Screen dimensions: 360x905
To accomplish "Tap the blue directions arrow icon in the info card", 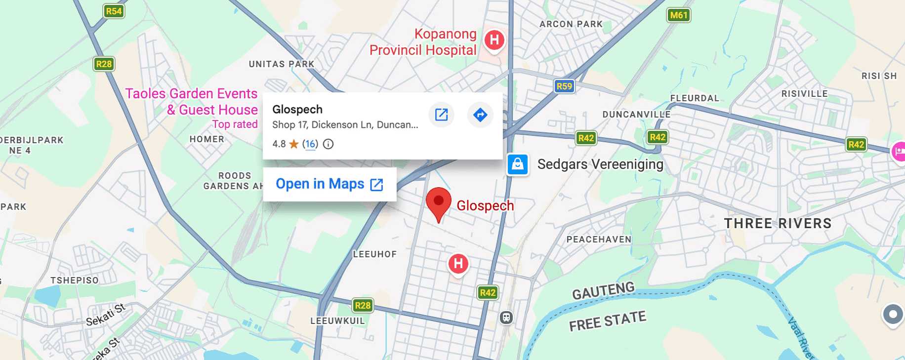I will point(480,115).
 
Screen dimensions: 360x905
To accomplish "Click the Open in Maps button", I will point(329,184).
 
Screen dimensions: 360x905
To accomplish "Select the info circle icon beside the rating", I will point(328,144).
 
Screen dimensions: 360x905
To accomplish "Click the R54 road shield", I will point(114,11).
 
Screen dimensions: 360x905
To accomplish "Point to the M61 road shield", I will point(678,15).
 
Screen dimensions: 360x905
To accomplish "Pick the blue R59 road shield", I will point(564,86).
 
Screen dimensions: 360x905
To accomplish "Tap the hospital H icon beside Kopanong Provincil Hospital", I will point(494,40).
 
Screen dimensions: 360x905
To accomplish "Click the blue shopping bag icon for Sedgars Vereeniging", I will point(518,164).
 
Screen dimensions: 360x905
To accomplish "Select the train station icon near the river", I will point(506,318).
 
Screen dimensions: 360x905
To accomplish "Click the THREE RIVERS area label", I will point(778,223).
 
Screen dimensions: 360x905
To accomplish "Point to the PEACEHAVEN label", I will point(599,240).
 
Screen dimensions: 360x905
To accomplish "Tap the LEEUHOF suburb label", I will point(374,254).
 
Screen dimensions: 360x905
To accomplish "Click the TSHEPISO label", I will point(75,280).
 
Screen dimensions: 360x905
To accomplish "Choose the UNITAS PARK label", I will point(281,64).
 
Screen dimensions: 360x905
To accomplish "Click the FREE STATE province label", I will point(607,321).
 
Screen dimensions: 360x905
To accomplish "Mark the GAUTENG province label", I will point(603,291).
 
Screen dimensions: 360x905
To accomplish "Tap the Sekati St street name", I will point(105,316).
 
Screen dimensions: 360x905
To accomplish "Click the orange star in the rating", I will point(294,144).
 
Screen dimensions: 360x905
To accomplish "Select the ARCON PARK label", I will point(571,24).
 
